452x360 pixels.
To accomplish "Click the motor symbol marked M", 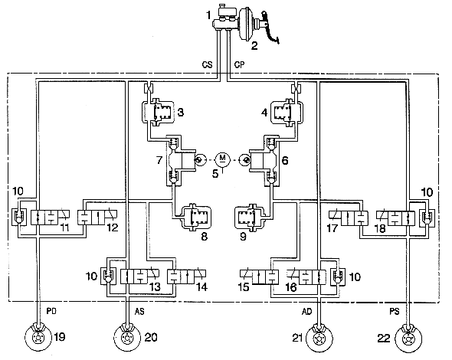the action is point(222,159).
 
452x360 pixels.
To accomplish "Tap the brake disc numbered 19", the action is point(38,338).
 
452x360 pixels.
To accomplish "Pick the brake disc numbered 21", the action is point(319,338).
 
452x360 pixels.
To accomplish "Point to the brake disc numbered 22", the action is point(408,338).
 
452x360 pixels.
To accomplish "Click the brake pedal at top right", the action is point(270,28).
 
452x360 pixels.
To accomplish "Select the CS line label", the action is point(207,64).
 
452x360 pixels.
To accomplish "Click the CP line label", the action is point(239,64).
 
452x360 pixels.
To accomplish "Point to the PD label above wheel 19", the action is point(51,311).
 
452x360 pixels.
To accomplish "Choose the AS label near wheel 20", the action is point(139,311).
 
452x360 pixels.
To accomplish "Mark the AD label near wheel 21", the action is point(306,311).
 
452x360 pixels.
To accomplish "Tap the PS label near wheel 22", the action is point(395,311).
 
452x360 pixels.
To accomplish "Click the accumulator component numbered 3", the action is point(158,111).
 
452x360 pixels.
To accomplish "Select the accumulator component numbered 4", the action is point(287,111).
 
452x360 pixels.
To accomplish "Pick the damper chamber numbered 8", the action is point(195,217).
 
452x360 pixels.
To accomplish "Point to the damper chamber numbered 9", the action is point(249,217).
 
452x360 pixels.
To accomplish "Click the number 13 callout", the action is point(155,286).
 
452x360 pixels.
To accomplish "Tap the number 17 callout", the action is point(332,228).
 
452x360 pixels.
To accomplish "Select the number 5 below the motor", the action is point(215,174).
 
